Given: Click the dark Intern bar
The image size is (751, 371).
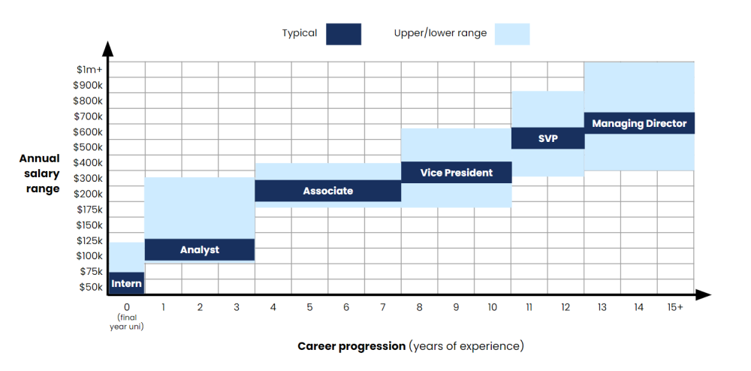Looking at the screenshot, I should coord(126,283).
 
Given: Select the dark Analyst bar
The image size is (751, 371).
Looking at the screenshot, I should coord(199,249).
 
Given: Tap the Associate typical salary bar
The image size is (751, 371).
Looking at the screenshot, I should coord(327,191).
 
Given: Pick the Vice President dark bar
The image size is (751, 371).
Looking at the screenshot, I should coord(456,172).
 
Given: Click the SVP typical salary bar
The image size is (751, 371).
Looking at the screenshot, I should coord(547,138).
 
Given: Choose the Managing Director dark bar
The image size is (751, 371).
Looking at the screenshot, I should coord(639,123).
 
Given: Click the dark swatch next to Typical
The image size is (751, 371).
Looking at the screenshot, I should coord(343,34).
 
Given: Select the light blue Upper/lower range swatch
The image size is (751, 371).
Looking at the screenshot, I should coord(512,34).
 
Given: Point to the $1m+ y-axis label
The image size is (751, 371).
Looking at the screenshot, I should coord(89,69).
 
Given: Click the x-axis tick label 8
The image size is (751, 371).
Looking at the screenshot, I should coord(419,307).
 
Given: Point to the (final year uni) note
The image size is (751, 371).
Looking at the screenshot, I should coord(126,321).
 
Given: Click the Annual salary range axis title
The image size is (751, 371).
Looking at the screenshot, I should coord(40,173).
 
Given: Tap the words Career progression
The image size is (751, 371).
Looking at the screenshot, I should coord(351,346).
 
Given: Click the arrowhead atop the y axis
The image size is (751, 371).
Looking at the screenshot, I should coord(108,48).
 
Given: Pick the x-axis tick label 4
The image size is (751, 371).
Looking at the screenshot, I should coord(273,307).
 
